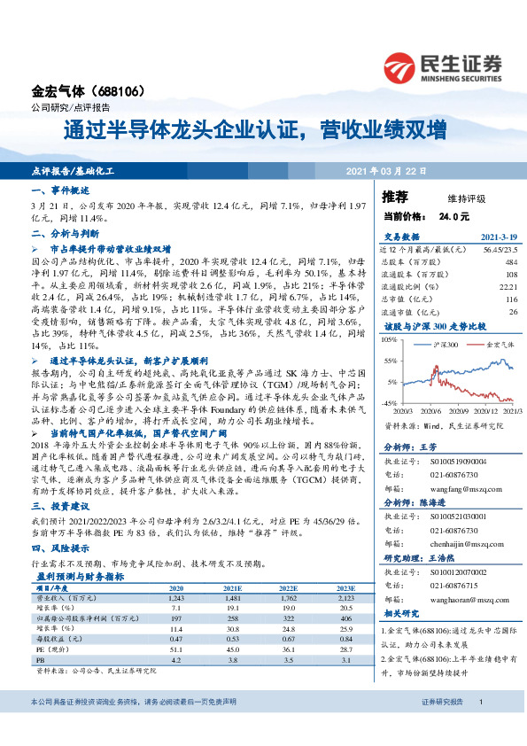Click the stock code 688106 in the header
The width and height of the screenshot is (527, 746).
(120, 91)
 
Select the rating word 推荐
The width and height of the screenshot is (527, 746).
(395, 196)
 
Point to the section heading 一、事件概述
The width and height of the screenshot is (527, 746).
(60, 190)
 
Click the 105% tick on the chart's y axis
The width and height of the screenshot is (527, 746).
(391, 339)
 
